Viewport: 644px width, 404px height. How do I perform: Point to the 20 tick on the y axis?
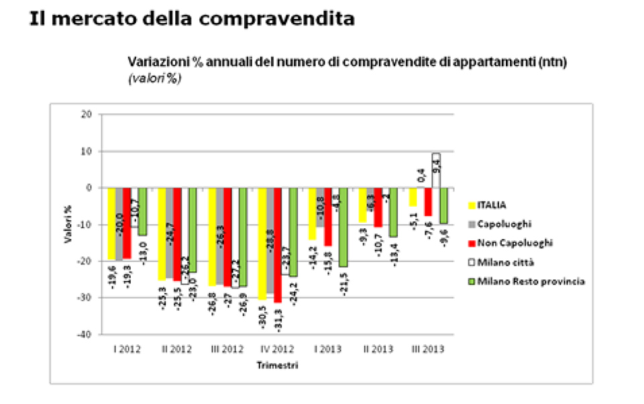click(x=87, y=115)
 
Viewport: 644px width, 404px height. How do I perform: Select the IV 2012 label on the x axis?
click(x=276, y=350)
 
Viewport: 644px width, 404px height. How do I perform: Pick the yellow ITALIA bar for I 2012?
click(x=111, y=223)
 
